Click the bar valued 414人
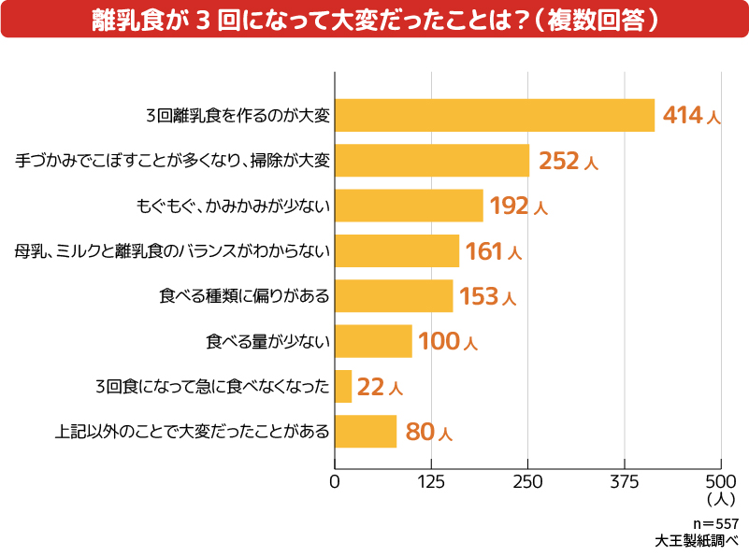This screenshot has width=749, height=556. pyautogui.click(x=494, y=115)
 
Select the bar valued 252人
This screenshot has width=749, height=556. pyautogui.click(x=431, y=161)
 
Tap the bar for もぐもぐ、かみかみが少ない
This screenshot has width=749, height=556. pyautogui.click(x=409, y=206)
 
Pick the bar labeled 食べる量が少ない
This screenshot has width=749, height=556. pyautogui.click(x=373, y=341)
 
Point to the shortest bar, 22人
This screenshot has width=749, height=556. pyautogui.click(x=343, y=386)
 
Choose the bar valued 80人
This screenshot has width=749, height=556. pyautogui.click(x=366, y=432)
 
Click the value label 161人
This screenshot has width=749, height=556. pyautogui.click(x=494, y=251)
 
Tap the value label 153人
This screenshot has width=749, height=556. pyautogui.click(x=487, y=296)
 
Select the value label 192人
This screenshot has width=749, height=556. pyautogui.click(x=517, y=206)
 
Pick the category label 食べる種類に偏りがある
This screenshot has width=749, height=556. pyautogui.click(x=245, y=296)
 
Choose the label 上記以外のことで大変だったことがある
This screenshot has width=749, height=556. pyautogui.click(x=193, y=432)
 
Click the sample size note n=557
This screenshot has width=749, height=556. pyautogui.click(x=715, y=523)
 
